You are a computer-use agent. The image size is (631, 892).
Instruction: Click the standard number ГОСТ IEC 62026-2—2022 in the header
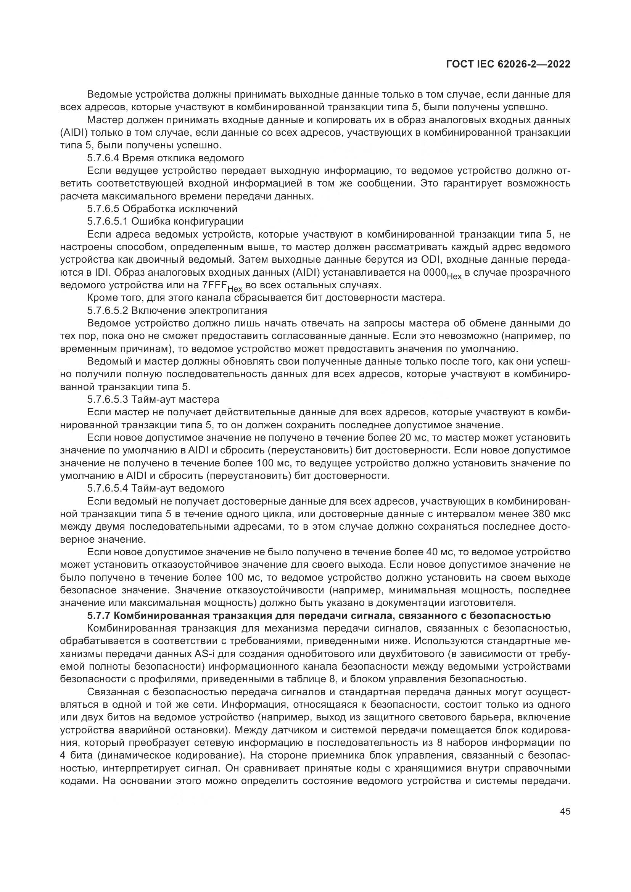508,64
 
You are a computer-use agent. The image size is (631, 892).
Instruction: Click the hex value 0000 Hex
442,273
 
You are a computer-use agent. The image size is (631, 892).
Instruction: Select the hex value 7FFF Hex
222,286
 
